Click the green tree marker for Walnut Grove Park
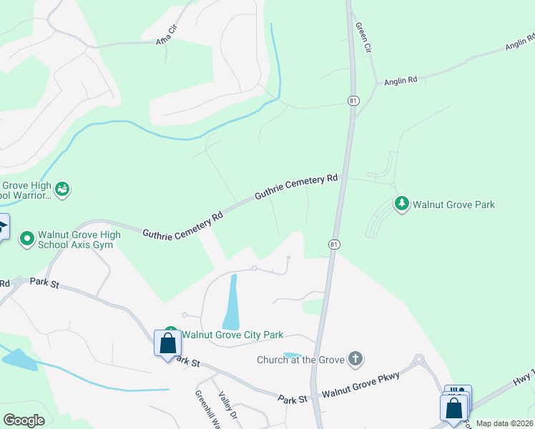[402, 204]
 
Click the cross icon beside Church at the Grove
[355, 359]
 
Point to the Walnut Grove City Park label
[232, 335]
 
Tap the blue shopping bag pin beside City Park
[167, 344]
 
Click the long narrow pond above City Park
[232, 302]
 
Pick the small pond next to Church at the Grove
[292, 354]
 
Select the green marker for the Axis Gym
[27, 237]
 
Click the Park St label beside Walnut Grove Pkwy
[293, 399]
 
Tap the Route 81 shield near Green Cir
[353, 101]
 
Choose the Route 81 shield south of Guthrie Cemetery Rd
[334, 245]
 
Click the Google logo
[24, 420]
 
